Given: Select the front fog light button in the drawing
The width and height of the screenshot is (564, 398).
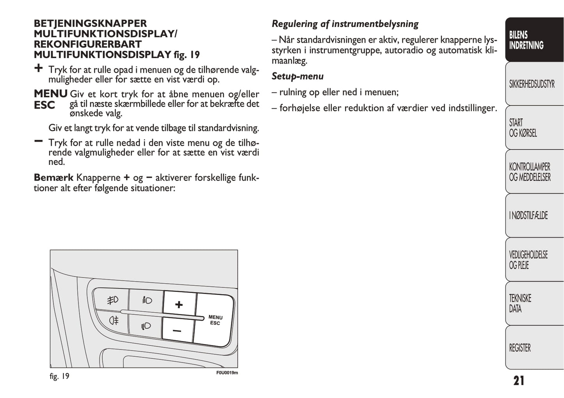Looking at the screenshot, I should click(113, 300).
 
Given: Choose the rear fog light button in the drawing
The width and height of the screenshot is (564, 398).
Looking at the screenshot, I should click(114, 321).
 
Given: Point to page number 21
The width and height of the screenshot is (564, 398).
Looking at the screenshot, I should click(519, 380).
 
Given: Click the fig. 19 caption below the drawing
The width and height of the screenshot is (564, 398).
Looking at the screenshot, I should click(59, 377).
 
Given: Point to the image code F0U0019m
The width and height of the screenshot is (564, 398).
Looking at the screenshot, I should click(227, 373).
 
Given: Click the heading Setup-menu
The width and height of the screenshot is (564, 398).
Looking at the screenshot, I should click(297, 76).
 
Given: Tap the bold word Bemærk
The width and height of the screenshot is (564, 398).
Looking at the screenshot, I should click(53, 178).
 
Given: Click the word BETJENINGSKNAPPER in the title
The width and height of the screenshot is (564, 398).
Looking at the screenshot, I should click(90, 23).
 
